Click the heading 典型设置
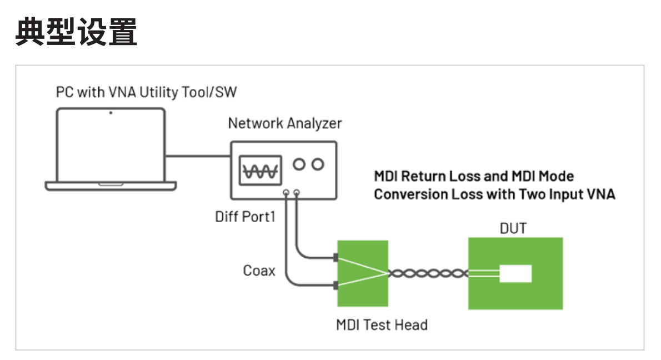(x=77, y=32)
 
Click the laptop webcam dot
(x=111, y=113)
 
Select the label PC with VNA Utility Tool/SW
(x=146, y=92)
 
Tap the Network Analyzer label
(x=285, y=123)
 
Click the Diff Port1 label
(x=245, y=217)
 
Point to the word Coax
(x=259, y=271)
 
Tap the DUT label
(x=513, y=228)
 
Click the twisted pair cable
(x=428, y=273)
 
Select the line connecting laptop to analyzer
(x=198, y=156)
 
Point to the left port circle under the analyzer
(x=286, y=193)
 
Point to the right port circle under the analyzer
(x=297, y=193)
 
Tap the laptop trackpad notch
(x=111, y=183)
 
